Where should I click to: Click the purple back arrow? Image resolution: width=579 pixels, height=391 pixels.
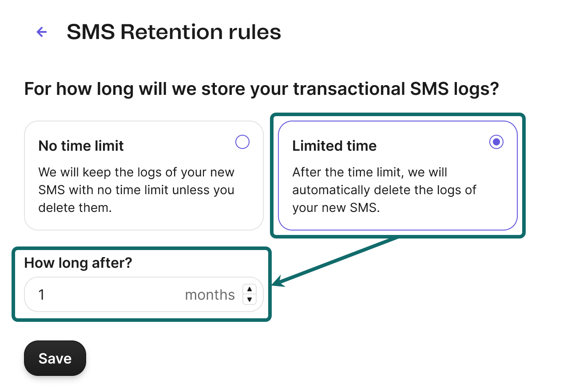[x=42, y=32]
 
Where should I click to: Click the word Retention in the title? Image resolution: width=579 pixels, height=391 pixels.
[x=172, y=32]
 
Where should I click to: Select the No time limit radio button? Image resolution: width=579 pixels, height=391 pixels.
[x=242, y=142]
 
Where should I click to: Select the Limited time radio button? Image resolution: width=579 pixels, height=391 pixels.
[x=496, y=142]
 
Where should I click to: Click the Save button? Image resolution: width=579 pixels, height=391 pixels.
[x=55, y=358]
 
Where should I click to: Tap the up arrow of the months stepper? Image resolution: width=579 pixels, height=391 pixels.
[x=250, y=289]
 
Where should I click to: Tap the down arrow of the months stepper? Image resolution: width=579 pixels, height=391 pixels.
[x=250, y=300]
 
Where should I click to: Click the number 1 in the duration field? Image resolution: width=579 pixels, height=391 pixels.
[x=41, y=294]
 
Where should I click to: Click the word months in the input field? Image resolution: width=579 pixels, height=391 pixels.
[x=210, y=295]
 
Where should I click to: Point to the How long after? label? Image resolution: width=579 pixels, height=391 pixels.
[x=78, y=263]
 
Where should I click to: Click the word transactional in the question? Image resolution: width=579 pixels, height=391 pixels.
[x=349, y=89]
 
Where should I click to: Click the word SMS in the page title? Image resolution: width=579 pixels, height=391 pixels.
[x=91, y=32]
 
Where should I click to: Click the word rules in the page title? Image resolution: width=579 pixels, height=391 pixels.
[x=255, y=32]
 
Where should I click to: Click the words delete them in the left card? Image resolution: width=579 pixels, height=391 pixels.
[x=75, y=208]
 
